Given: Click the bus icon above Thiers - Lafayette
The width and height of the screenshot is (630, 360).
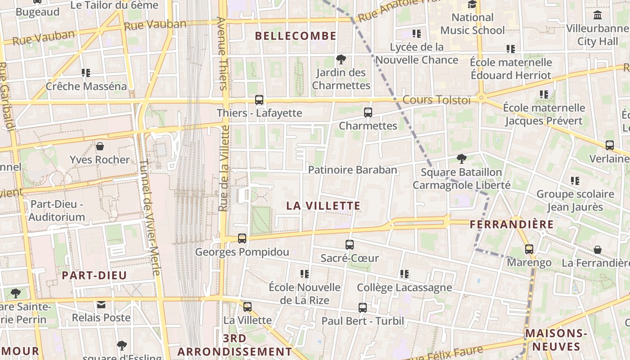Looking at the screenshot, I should click(x=259, y=100).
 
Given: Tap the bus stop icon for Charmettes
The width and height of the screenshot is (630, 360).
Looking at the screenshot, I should click(x=368, y=112).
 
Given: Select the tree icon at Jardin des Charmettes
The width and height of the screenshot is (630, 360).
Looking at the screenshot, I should click(x=341, y=59).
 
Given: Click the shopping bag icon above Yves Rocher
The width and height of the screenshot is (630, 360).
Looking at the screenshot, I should click(x=100, y=146).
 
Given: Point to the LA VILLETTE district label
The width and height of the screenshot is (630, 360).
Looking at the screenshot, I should click(x=324, y=206).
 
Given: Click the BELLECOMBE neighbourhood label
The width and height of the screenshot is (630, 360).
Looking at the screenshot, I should click(x=296, y=36).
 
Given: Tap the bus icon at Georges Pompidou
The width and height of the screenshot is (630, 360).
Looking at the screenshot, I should click(x=242, y=238).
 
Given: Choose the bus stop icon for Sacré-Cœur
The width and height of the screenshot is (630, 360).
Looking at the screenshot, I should click(x=350, y=245).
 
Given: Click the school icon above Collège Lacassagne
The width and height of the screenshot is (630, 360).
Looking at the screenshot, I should click(x=404, y=274).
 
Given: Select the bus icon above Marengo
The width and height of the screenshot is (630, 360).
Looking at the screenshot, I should click(x=529, y=249).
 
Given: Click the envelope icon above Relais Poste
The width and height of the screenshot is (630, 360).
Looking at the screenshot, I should click(x=101, y=305).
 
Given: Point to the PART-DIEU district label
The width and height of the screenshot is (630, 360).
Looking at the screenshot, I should click(x=94, y=275).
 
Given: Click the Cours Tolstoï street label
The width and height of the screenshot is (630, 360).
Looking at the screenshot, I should click(x=436, y=100).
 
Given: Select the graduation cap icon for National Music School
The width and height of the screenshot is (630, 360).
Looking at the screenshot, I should click(x=472, y=4).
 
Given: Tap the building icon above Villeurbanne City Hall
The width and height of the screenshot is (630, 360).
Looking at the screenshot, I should click(x=598, y=15).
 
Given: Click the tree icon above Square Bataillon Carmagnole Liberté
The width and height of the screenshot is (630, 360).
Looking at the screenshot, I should click(x=461, y=158).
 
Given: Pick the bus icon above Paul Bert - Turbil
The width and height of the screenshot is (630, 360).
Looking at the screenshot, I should click(x=363, y=308).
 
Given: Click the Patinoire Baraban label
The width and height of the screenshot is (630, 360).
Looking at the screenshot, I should click(x=353, y=170).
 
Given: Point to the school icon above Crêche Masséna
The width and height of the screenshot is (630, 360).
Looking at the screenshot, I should click(x=86, y=72).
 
